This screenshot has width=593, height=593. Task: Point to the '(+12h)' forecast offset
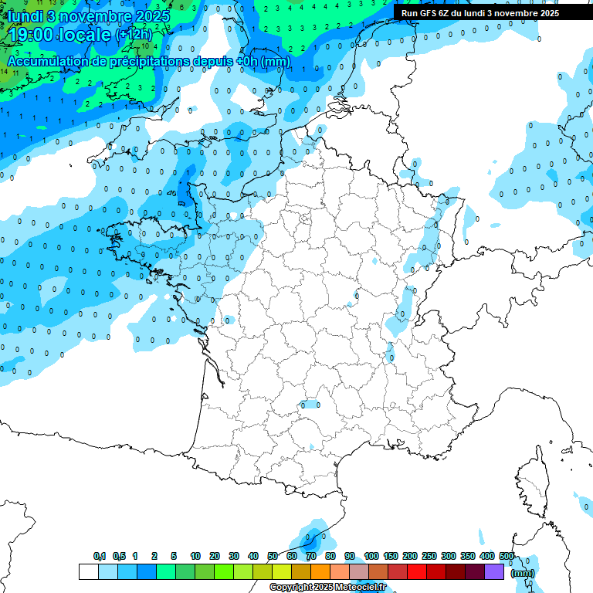[x=134, y=34]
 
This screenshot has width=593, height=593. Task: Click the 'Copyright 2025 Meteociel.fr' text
[x=327, y=588]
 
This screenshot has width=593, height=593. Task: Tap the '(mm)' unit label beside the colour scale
[x=523, y=573]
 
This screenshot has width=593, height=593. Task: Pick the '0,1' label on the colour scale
[x=99, y=556]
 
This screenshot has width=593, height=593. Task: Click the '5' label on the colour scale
[x=175, y=556]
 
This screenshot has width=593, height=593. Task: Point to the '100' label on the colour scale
[x=371, y=556]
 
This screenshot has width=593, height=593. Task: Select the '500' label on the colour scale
[x=507, y=556]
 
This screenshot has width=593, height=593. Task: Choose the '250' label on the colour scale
[x=429, y=556]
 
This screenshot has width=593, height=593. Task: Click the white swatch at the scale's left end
[x=88, y=572]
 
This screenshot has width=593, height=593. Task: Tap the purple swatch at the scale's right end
[x=494, y=572]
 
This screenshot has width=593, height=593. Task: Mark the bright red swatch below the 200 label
[x=417, y=572]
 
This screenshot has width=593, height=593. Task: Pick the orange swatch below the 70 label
[x=320, y=572]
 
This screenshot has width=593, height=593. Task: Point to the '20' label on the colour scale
[x=214, y=556]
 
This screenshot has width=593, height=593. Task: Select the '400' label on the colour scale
[x=487, y=556]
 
